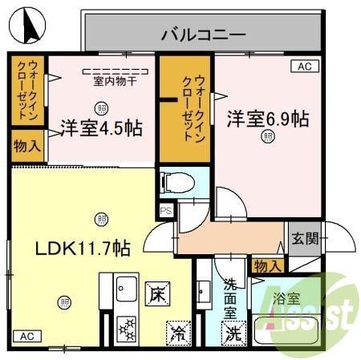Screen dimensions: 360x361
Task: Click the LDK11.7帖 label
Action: click(71, 249)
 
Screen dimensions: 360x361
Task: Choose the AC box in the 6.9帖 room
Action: click(304, 67)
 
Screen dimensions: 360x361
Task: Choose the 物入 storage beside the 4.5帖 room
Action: click(26, 146)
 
